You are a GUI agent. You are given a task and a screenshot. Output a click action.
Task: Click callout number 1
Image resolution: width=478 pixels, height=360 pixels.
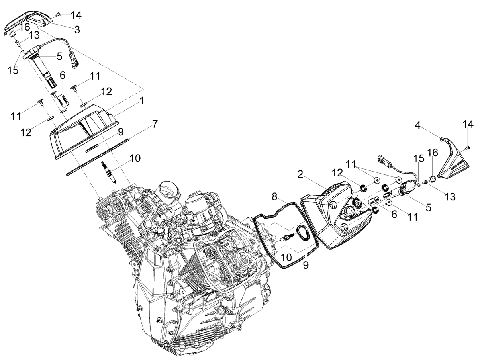click(142, 101)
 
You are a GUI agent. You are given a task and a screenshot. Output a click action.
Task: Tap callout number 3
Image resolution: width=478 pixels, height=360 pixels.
click(77, 30)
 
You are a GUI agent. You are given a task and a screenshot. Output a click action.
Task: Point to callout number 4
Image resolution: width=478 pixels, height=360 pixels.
click(417, 125)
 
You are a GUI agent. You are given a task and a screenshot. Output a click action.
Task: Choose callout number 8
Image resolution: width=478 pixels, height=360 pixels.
click(274, 197)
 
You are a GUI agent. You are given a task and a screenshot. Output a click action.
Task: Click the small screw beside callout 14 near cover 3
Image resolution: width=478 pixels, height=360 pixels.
click(58, 14)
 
